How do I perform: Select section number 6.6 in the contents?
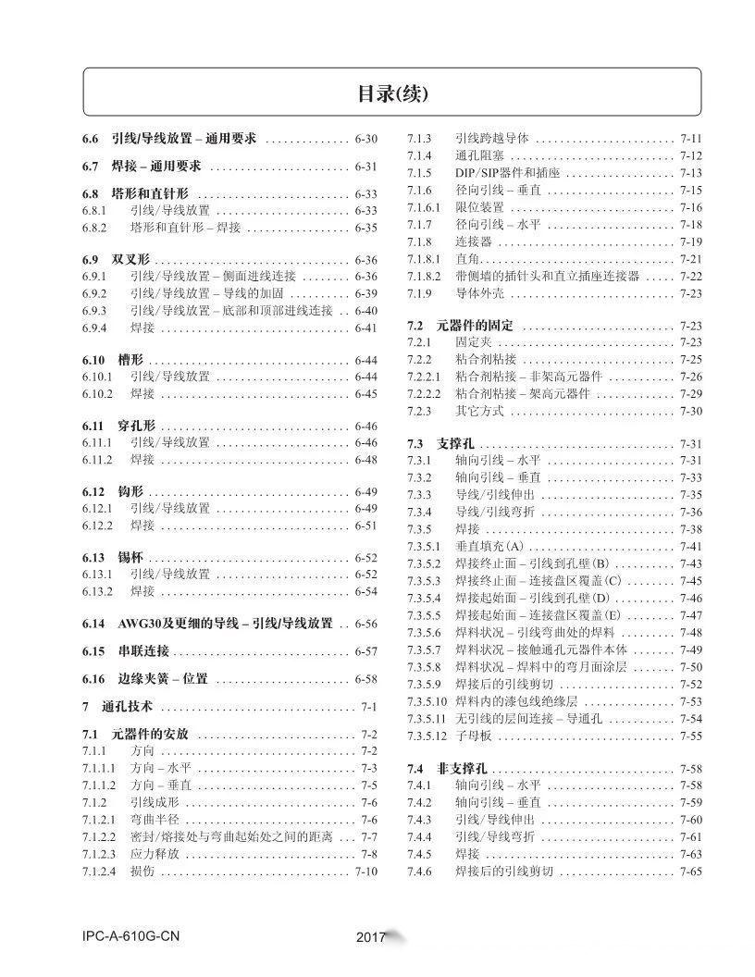(90, 140)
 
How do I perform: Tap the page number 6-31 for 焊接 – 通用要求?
(365, 167)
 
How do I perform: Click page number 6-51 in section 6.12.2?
(365, 526)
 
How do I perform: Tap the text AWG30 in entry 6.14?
(139, 624)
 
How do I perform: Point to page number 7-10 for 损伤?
(365, 872)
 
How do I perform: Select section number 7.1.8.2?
(426, 277)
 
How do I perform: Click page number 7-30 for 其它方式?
(690, 411)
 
